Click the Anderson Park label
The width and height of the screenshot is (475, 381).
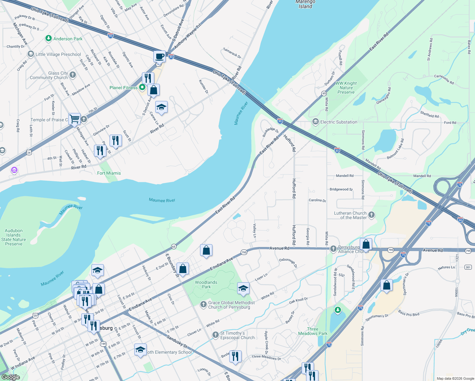point(68,39)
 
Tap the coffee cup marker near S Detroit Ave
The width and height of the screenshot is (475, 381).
point(159,57)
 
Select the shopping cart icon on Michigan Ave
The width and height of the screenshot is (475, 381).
point(74,119)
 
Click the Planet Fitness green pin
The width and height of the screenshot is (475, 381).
point(142,87)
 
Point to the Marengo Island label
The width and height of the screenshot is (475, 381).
point(305,4)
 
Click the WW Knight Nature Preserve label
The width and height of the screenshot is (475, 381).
point(346,88)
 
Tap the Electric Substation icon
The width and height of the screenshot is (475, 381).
point(316,122)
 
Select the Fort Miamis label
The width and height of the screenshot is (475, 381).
point(109,173)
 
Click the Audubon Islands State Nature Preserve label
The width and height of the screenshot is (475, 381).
point(14,237)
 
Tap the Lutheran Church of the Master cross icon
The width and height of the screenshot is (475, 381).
point(371,215)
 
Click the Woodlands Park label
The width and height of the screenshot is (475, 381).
point(206,284)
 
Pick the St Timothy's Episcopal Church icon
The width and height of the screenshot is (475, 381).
point(216,335)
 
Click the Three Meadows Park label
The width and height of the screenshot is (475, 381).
point(312,331)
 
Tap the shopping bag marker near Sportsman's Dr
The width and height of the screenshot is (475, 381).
point(386,285)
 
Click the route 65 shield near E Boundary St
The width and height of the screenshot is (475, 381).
point(174,246)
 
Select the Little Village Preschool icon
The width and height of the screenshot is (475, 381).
point(31,54)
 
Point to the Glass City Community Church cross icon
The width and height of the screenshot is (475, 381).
point(73,75)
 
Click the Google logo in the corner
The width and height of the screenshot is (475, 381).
point(10,377)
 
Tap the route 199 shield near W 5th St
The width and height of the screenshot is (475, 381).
point(103,344)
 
